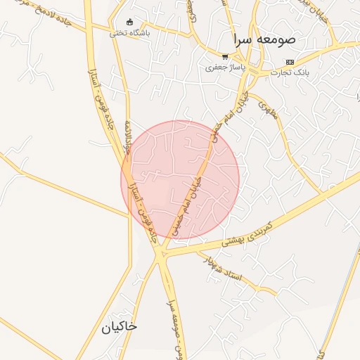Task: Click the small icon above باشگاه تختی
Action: (129, 21)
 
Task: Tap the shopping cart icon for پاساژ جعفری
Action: (224, 57)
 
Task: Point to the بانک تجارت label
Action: (290, 72)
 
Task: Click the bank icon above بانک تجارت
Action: (290, 62)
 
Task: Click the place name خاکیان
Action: (119, 327)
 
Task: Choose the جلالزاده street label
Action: (127, 136)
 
